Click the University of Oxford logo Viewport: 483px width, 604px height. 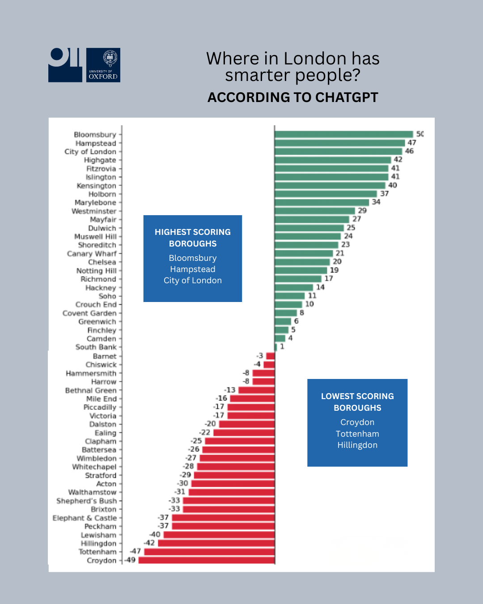click(x=103, y=65)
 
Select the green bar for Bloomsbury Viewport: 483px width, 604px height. click(x=343, y=134)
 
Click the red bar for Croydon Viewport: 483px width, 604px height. click(x=207, y=560)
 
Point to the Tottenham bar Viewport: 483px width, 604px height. click(x=209, y=552)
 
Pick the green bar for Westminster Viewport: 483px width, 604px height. click(x=315, y=211)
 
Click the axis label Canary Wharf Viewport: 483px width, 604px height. click(x=92, y=254)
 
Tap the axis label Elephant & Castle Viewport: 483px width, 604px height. click(x=85, y=518)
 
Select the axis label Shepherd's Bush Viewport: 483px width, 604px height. click(x=86, y=501)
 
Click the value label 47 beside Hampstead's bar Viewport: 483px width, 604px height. click(x=412, y=143)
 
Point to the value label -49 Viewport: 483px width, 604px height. click(x=130, y=560)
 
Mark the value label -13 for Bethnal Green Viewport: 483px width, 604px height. click(x=230, y=390)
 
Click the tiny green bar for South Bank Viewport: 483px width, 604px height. click(x=276, y=347)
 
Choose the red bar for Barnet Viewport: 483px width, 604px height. click(x=270, y=356)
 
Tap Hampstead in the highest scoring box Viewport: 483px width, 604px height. click(x=193, y=269)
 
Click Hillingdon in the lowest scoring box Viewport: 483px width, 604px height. click(x=357, y=445)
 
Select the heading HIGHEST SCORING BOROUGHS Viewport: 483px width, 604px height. click(x=193, y=238)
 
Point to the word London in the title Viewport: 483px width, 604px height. click(x=315, y=59)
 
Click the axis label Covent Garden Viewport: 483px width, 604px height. click(x=89, y=313)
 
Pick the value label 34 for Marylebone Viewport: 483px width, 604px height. click(x=376, y=202)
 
